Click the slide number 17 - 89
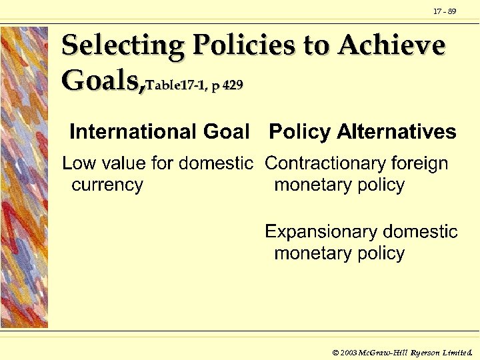445,11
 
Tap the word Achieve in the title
391,46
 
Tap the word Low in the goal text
78,163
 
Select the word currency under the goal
107,185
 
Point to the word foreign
419,163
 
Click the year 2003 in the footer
348,351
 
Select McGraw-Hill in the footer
384,351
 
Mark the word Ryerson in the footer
426,351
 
